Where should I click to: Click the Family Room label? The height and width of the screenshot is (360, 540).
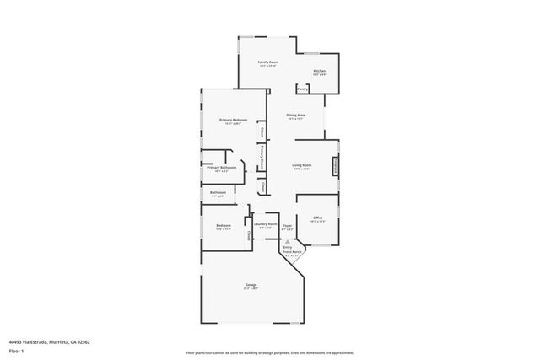tap(268, 62)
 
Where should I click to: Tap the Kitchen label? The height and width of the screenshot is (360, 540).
tap(320, 71)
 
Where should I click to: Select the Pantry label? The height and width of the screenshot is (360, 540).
tap(302, 88)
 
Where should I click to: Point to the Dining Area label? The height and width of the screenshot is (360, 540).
tap(294, 115)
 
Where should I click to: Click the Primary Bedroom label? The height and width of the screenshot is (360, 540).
tap(227, 121)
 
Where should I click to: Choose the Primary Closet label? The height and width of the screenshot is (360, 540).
tap(263, 157)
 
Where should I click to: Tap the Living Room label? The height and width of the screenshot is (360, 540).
tap(301, 165)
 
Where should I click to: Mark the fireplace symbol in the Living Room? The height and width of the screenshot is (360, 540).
tap(336, 166)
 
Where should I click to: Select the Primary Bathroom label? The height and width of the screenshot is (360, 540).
tap(221, 168)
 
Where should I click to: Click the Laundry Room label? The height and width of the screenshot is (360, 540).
tap(267, 223)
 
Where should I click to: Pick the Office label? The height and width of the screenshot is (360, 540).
tap(318, 218)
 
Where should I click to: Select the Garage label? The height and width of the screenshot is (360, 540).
tap(251, 285)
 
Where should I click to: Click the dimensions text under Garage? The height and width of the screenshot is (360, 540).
tap(251, 289)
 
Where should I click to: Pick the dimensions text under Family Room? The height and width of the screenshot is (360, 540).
tap(268, 67)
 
